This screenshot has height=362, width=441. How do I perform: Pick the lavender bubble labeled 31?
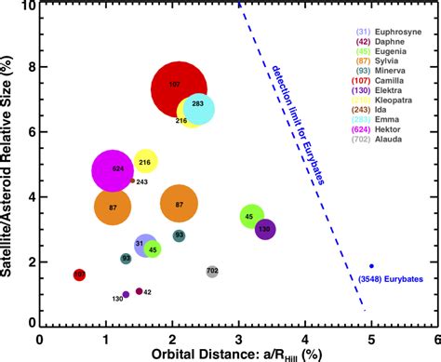coord(144,245)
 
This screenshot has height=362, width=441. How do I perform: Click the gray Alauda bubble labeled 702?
coord(212,271)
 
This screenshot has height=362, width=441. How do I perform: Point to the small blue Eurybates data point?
coord(371,266)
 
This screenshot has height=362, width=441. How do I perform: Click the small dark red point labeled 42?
coord(139,291)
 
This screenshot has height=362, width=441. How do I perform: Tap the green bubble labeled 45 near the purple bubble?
coord(249,217)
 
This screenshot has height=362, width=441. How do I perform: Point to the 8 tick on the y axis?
coord(33,67)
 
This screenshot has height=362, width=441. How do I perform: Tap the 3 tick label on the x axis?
coord(238,337)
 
